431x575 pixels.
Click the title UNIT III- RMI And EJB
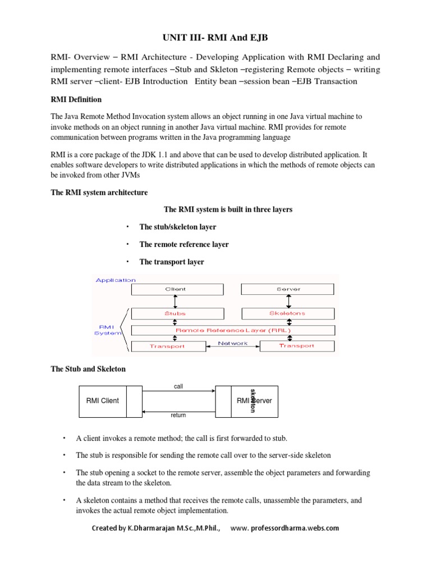tap(215, 38)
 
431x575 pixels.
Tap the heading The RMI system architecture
tap(99, 193)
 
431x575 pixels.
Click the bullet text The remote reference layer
tap(184, 244)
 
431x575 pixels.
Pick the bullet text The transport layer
tap(171, 262)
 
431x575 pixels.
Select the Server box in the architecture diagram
tap(287, 289)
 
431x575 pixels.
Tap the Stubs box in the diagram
tap(176, 313)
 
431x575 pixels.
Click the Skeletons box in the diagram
tap(287, 313)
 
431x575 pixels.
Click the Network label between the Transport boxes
tap(232, 343)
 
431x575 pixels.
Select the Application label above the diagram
tap(116, 280)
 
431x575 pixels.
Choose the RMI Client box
tap(103, 401)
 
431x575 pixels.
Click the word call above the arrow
tap(178, 386)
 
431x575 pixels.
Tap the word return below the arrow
tap(178, 416)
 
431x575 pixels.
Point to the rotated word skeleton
tap(254, 400)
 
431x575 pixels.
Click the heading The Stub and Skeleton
tap(88, 369)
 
